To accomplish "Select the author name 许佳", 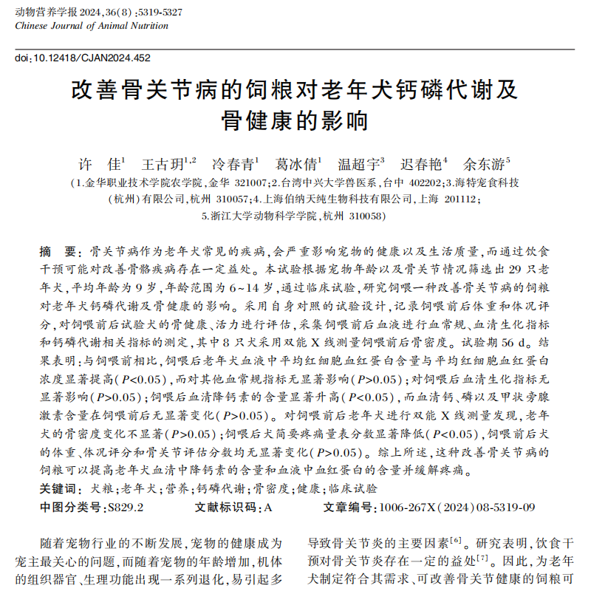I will pyautogui.click(x=101, y=163).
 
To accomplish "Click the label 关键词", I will pyautogui.click(x=61, y=489).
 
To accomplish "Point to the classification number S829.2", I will pyautogui.click(x=126, y=508).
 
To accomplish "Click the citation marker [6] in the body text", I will pyautogui.click(x=456, y=540).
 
